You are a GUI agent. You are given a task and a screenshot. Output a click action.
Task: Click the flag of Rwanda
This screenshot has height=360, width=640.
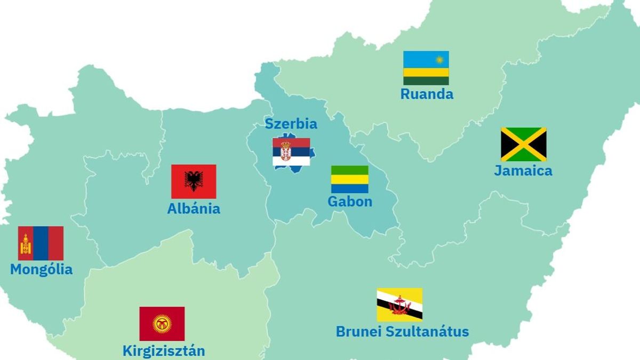click(426, 68)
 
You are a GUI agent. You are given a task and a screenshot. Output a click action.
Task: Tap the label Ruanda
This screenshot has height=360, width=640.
click(427, 94)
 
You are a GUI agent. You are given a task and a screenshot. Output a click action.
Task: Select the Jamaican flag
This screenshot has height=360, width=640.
click(523, 144)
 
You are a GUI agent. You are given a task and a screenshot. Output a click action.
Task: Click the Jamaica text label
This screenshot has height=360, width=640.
click(523, 171)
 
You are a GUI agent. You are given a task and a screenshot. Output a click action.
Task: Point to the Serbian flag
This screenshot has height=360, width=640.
click(291, 152)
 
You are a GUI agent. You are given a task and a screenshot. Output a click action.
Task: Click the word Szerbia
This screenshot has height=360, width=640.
click(291, 124)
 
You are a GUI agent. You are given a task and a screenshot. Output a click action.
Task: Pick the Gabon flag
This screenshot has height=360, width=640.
click(349, 179)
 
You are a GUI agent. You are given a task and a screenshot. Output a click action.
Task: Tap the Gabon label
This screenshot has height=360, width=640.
click(350, 202)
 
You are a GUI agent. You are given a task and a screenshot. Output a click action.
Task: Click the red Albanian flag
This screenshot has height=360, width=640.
click(194, 181)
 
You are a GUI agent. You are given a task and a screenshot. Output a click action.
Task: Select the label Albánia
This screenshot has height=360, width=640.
click(194, 209)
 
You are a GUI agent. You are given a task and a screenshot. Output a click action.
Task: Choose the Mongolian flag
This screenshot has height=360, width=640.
click(41, 243)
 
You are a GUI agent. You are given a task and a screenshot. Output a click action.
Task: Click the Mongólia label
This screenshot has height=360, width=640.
click(41, 269)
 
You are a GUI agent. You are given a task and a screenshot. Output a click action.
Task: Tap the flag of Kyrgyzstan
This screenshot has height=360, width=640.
click(162, 324)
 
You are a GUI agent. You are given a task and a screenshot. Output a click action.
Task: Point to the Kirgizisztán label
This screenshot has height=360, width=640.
click(164, 351)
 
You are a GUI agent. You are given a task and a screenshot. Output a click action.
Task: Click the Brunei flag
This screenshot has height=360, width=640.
click(399, 305)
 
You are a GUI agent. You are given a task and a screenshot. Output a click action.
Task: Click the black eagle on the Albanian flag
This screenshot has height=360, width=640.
click(194, 181)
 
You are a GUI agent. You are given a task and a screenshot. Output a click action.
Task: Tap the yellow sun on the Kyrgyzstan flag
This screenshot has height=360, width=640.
click(162, 324)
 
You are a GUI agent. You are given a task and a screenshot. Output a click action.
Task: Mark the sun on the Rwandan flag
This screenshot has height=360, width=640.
click(440, 59)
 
